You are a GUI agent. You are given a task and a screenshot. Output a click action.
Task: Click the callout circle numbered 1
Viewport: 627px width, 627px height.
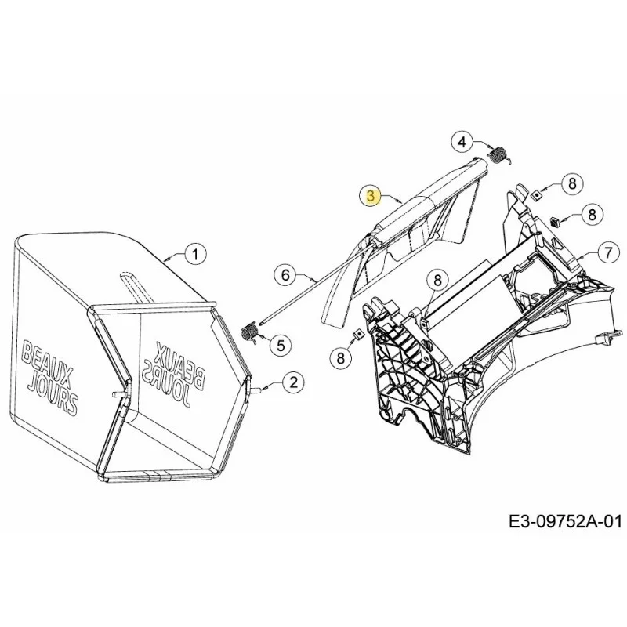click(x=195, y=254)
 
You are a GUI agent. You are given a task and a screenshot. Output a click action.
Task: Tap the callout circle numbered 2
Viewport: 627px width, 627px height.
click(x=293, y=382)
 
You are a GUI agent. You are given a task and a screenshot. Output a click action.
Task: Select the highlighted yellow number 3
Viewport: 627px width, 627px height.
click(x=371, y=196)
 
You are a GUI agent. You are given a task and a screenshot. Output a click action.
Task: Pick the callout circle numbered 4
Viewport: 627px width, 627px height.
click(x=462, y=142)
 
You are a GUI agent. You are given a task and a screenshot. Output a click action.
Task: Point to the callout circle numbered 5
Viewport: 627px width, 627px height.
click(x=281, y=345)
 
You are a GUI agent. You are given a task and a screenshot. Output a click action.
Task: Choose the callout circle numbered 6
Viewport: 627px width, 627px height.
click(x=285, y=275)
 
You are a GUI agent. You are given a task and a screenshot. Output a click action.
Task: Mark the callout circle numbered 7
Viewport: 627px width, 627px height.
click(x=608, y=252)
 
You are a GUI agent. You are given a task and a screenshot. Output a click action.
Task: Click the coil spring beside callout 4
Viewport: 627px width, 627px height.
click(x=499, y=155)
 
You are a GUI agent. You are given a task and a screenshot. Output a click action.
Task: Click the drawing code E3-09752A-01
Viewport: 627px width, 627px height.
click(x=565, y=521)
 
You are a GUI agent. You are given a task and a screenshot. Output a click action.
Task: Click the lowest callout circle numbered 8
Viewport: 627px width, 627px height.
click(x=340, y=357)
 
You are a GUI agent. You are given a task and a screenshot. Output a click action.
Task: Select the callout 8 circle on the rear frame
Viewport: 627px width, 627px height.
click(x=437, y=280)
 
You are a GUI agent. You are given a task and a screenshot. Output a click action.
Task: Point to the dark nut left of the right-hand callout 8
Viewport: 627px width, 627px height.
click(x=555, y=220)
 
